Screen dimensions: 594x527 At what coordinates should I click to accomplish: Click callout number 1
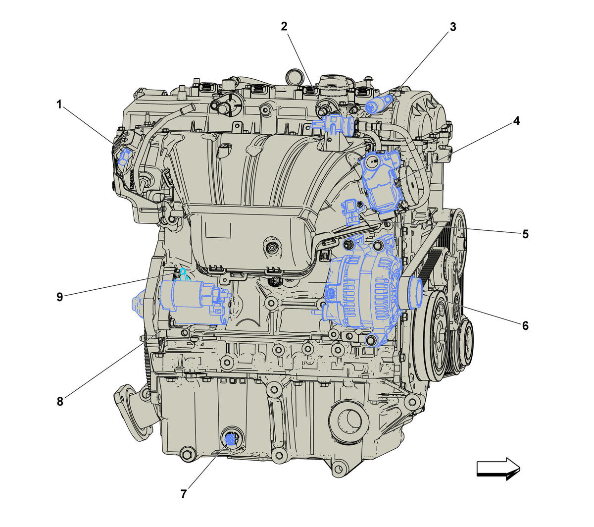pos(59,104)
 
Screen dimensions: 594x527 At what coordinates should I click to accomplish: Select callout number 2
pos(284,27)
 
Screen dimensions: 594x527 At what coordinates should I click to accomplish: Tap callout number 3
pos(453,27)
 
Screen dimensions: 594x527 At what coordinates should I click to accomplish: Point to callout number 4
pos(516,121)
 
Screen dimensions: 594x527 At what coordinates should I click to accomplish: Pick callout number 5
pos(525,234)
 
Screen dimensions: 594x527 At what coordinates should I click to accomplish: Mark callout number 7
pos(184,494)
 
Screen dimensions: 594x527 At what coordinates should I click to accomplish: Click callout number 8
pos(60,401)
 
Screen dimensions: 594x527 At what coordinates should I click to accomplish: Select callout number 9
pos(59,297)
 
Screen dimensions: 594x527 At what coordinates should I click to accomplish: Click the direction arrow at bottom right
pos(498,469)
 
